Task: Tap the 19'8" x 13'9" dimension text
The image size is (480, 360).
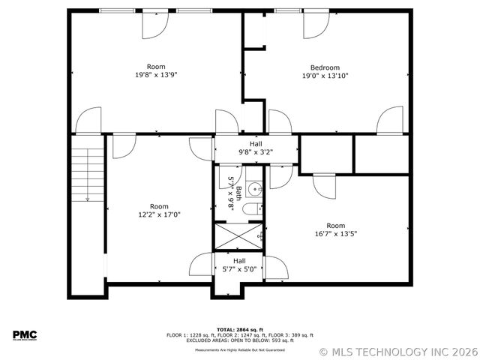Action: pyautogui.click(x=156, y=75)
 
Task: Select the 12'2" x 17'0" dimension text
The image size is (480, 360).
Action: pyautogui.click(x=159, y=214)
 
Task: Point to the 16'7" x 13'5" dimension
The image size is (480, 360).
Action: pyautogui.click(x=335, y=233)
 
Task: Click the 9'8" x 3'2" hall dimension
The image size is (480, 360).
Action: pyautogui.click(x=256, y=151)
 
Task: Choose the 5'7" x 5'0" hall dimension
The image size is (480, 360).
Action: pyautogui.click(x=238, y=269)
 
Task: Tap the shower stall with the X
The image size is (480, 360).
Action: pyautogui.click(x=237, y=236)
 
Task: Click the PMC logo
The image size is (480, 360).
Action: pyautogui.click(x=25, y=335)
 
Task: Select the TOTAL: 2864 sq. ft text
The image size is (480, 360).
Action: pyautogui.click(x=239, y=329)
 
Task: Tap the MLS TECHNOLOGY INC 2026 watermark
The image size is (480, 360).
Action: pyautogui.click(x=397, y=351)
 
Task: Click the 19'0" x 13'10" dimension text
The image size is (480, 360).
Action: pyautogui.click(x=325, y=75)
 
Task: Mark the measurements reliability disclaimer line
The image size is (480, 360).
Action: pyautogui.click(x=239, y=349)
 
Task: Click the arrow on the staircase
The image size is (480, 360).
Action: pyautogui.click(x=87, y=199)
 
